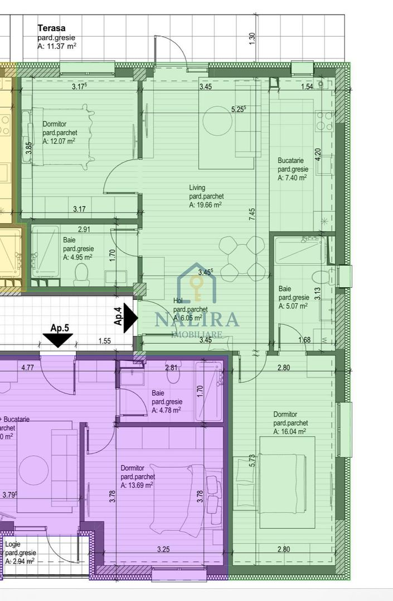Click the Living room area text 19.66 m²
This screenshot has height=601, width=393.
pyautogui.click(x=205, y=205)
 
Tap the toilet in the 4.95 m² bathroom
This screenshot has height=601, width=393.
pyautogui.click(x=82, y=273)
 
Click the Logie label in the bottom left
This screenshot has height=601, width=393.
pyautogui.click(x=13, y=544)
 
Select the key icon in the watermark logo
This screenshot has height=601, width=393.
pyautogui.click(x=196, y=287)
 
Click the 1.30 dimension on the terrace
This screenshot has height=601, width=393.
pyautogui.click(x=252, y=38)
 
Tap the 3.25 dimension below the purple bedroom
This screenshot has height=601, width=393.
pyautogui.click(x=163, y=550)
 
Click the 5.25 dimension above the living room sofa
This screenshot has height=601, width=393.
pyautogui.click(x=239, y=109)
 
